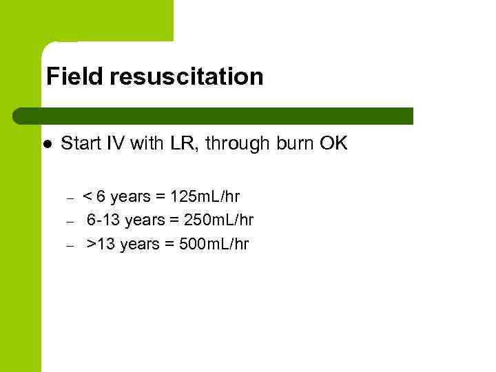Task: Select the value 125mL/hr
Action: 205,197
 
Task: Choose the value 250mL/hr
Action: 218,220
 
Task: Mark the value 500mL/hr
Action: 214,244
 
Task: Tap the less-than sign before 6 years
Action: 87,198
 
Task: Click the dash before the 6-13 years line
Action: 70,222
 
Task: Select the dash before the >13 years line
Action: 70,245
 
